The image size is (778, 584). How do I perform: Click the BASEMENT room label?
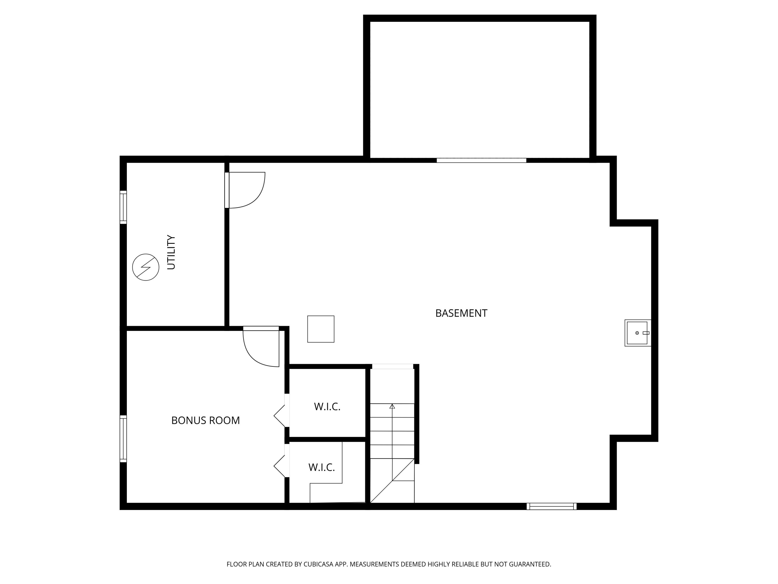(x=461, y=313)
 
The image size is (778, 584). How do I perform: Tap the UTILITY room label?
(x=171, y=252)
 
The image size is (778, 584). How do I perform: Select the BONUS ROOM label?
(x=205, y=420)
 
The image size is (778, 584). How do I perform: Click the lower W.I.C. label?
(x=322, y=467)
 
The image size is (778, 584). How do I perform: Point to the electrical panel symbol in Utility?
(x=145, y=267)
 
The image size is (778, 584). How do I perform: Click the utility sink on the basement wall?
(x=637, y=333)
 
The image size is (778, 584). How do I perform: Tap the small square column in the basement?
(x=321, y=329)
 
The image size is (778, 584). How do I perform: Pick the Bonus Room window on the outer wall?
(x=123, y=438)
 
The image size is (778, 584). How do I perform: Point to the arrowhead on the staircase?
(x=392, y=406)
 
